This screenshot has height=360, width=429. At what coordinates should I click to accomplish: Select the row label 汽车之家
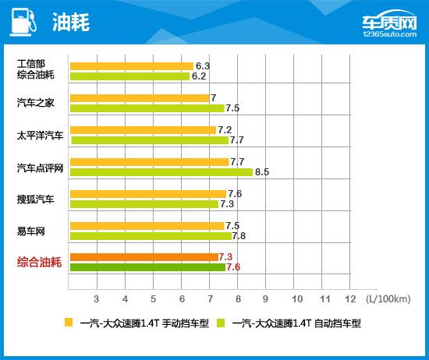[36, 103]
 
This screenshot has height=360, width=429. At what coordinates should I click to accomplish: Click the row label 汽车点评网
[41, 167]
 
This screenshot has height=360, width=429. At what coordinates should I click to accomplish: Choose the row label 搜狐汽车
[36, 199]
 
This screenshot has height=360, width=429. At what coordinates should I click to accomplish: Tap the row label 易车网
[31, 231]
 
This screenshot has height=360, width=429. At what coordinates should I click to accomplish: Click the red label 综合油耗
[41, 263]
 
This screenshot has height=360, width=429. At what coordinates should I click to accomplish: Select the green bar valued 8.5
[161, 171]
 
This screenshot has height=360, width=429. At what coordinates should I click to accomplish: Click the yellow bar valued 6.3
[131, 66]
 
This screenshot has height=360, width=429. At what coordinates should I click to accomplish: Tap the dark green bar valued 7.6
[147, 267]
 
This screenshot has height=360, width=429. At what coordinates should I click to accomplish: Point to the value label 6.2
[198, 76]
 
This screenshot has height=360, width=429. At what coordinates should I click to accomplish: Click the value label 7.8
[239, 235]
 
